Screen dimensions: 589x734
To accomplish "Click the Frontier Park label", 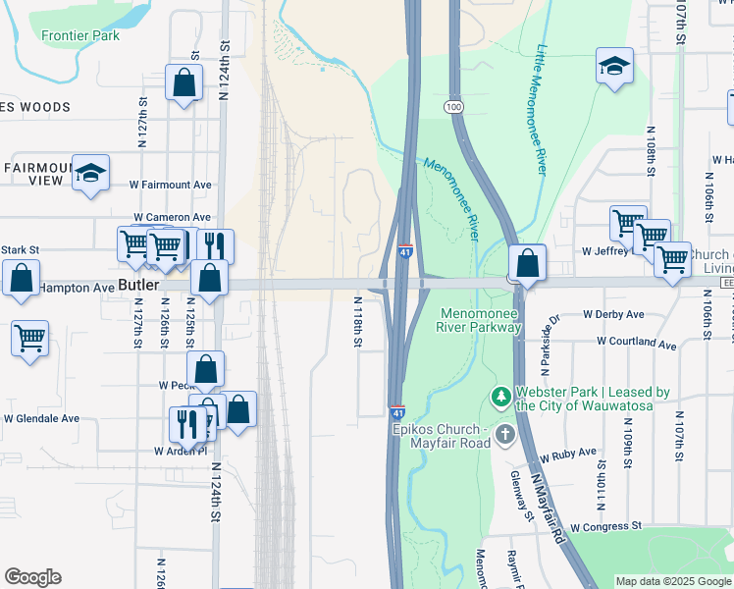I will coord(80,35).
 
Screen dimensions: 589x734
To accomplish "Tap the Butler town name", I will coord(137,285).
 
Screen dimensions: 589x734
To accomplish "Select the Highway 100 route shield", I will coord(452,105).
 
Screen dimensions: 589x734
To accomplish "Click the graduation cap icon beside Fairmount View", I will coord(91,174).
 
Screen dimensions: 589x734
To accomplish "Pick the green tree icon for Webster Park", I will coord(501,398).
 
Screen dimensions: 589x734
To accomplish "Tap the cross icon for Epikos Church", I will coord(504,433).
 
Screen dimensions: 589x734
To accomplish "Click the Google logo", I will coord(32,577).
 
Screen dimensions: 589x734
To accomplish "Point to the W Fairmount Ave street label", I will coord(171,185).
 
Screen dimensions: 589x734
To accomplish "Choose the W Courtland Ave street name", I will coord(637,345).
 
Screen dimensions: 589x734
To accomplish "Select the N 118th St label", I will coord(358,322).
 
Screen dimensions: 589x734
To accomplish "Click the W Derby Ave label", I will coord(613,314).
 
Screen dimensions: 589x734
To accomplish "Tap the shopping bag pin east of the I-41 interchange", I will coord(527,263).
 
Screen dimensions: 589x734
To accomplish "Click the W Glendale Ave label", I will coord(41,418).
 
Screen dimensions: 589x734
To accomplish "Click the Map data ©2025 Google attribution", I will coord(672,581).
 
